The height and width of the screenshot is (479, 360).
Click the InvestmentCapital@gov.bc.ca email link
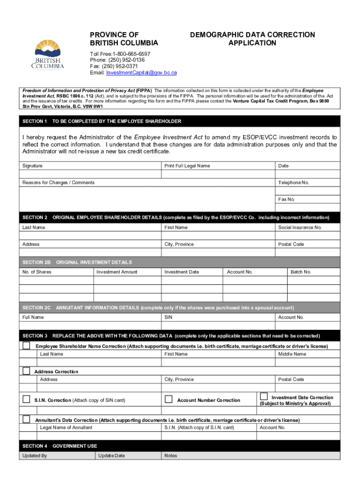coord(141,73)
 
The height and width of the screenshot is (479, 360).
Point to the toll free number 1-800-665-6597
coord(120,54)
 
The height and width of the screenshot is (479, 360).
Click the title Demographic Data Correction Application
coord(252,39)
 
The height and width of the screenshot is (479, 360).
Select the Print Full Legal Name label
coord(187,166)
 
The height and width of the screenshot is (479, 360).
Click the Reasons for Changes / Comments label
coord(58,183)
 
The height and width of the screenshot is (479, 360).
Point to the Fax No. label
coord(287,199)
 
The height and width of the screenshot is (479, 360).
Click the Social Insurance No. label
coord(300,227)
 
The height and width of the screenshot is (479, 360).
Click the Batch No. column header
coord(301,272)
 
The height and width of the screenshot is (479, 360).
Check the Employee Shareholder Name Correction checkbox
coord(27,346)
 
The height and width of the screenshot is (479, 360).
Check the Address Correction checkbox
coord(27,371)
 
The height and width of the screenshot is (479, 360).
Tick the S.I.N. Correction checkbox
coord(27,399)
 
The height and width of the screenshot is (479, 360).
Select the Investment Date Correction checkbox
coord(264,396)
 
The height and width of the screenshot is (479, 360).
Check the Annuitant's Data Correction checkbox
coord(27,419)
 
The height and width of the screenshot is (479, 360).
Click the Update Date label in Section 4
coord(111,456)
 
